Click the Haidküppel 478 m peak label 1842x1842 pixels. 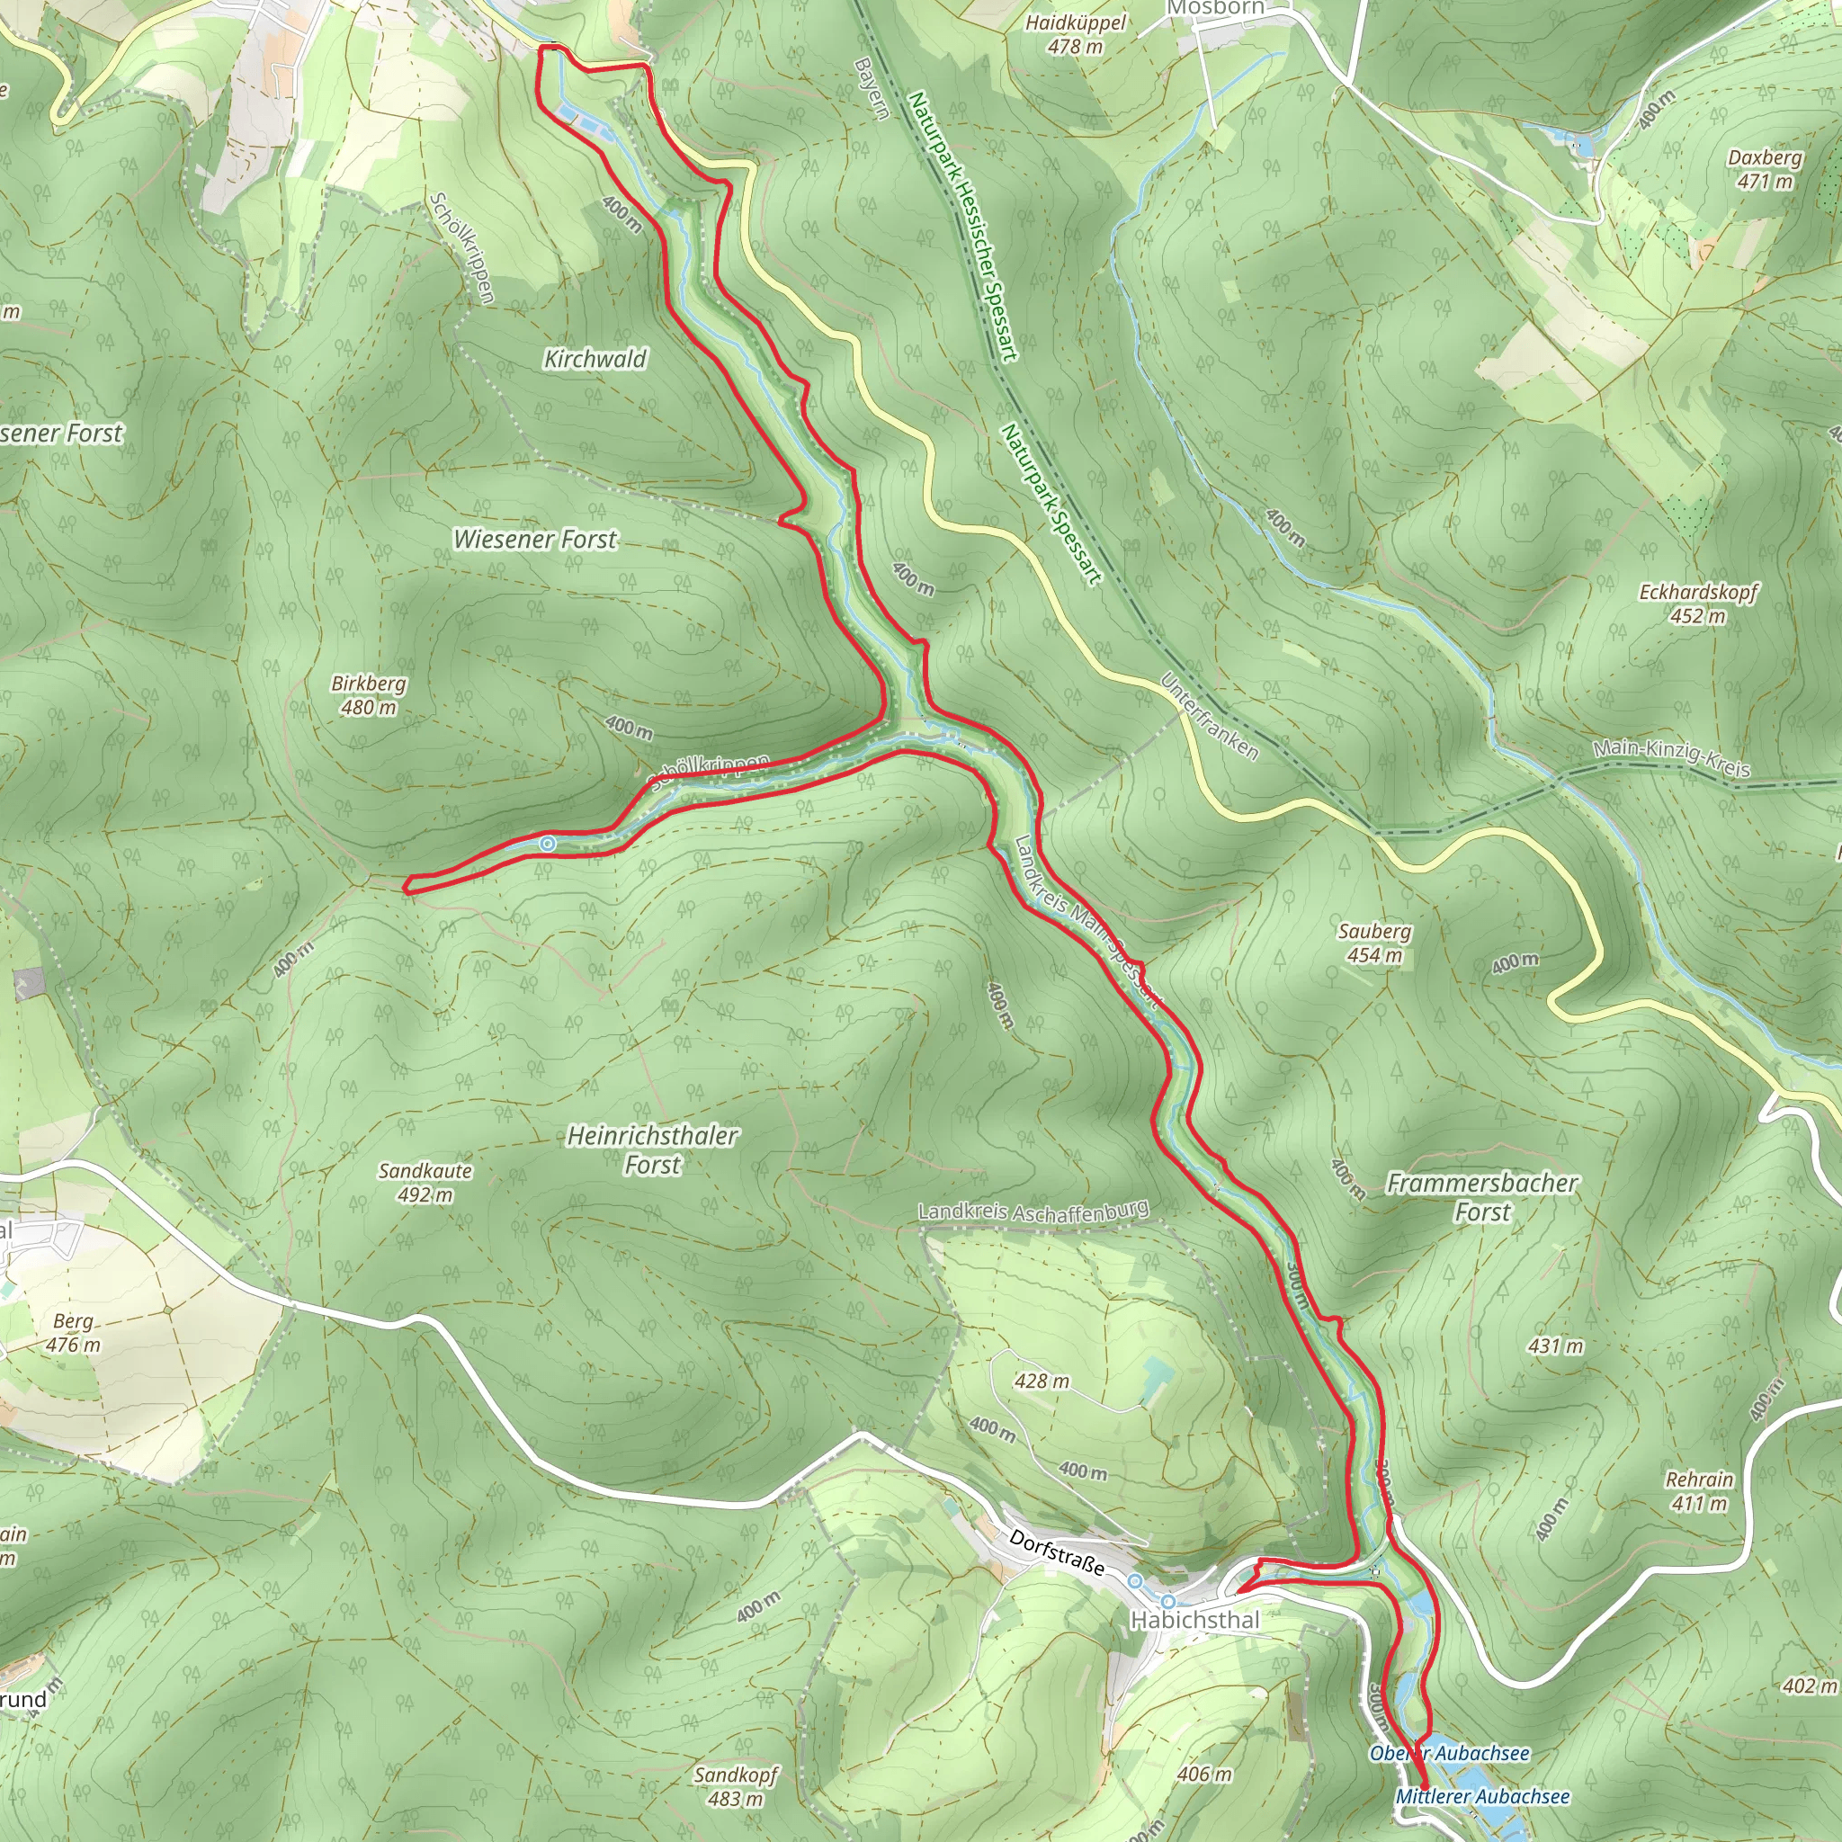1076,34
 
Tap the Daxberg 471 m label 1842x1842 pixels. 1765,169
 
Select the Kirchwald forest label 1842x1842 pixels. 595,359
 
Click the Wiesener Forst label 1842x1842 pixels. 535,539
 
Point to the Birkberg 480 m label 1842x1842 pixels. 368,695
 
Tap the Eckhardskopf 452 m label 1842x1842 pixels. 1698,604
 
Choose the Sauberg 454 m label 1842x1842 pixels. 1374,943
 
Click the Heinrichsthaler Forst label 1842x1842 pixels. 652,1149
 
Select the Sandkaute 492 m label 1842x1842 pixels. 425,1182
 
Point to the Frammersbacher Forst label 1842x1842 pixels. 1481,1197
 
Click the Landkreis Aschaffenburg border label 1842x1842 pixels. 1033,1212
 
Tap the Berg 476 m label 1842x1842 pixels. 74,1333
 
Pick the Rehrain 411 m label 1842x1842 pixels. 1699,1491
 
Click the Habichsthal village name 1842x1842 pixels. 1194,1620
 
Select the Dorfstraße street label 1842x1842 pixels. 1057,1553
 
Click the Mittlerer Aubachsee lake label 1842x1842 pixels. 1482,1796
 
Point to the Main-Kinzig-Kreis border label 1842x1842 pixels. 1671,758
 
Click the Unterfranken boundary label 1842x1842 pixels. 1208,716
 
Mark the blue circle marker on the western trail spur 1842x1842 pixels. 547,844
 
